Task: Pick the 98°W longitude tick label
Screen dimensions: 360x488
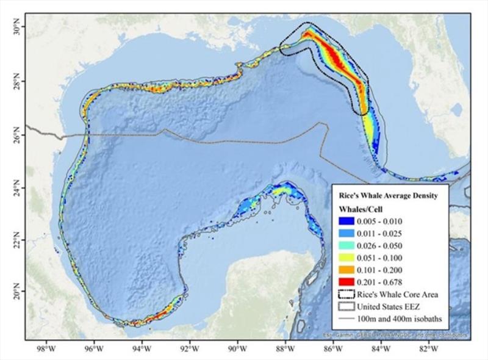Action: click(46, 349)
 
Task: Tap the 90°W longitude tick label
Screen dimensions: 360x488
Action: click(236, 349)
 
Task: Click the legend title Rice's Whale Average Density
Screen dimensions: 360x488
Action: click(387, 197)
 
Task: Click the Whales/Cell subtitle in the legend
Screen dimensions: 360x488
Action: click(361, 209)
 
